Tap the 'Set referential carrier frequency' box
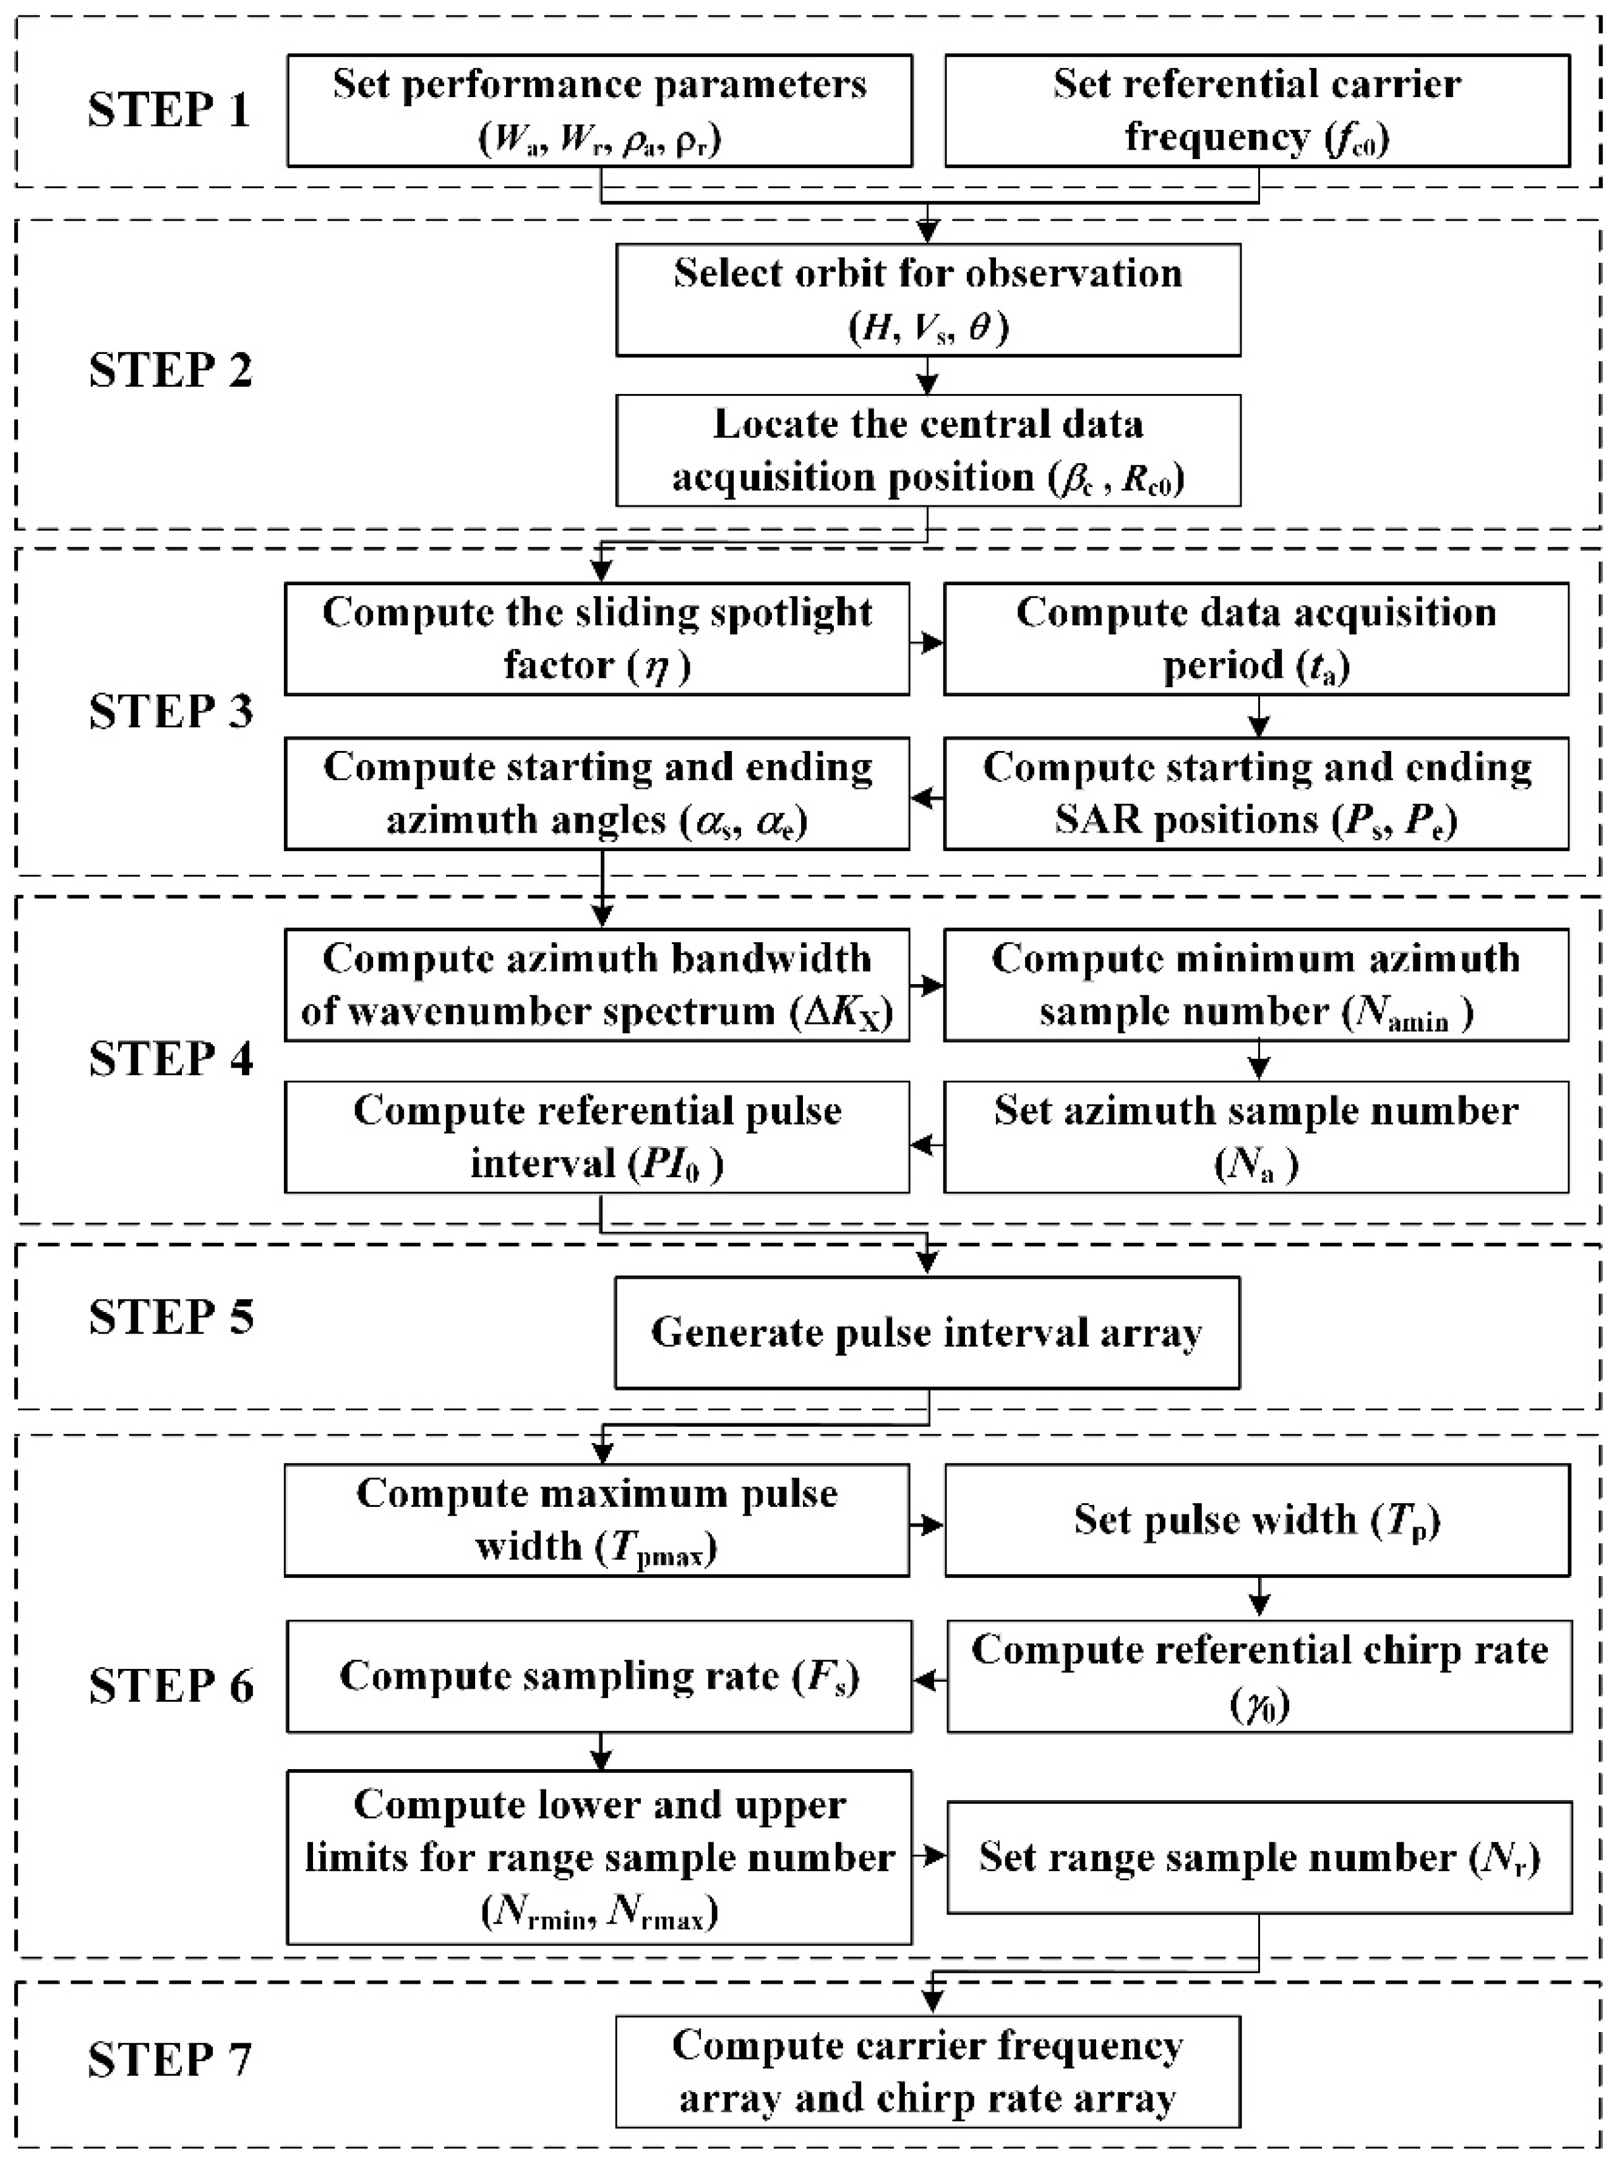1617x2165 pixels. (1257, 109)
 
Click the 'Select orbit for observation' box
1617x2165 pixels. (928, 299)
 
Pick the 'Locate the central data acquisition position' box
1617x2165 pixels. (928, 450)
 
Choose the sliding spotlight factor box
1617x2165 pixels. (597, 639)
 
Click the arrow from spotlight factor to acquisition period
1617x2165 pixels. (926, 642)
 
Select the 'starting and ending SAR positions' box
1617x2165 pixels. (1257, 793)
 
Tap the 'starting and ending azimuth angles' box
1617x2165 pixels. (597, 793)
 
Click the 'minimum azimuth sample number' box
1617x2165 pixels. (1257, 985)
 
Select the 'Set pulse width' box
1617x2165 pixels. (1257, 1520)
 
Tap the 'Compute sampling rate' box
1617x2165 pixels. (599, 1676)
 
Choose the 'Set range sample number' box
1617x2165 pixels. (1259, 1857)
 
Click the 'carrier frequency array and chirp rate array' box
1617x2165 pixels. (928, 2071)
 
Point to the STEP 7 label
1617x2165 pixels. (170, 2059)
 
